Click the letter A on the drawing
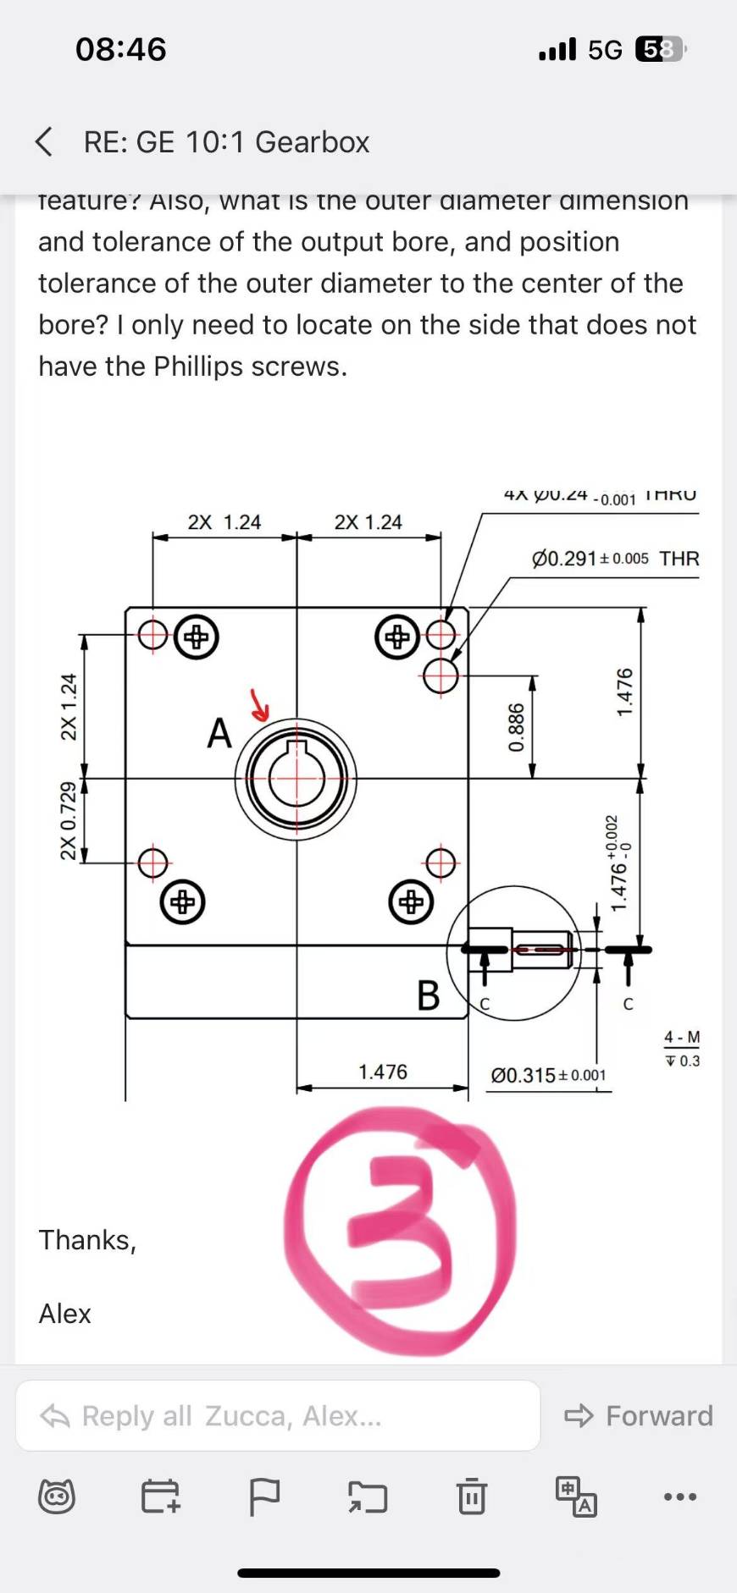point(219,733)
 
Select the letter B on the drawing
point(429,995)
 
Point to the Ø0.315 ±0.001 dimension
point(548,1075)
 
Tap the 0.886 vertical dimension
point(516,727)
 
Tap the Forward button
point(640,1415)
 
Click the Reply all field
point(278,1415)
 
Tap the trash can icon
point(472,1496)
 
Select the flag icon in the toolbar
point(264,1496)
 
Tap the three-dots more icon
point(680,1496)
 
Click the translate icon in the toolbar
point(576,1496)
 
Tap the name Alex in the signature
point(64,1313)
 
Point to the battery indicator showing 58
point(659,50)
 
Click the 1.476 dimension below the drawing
point(383,1072)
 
